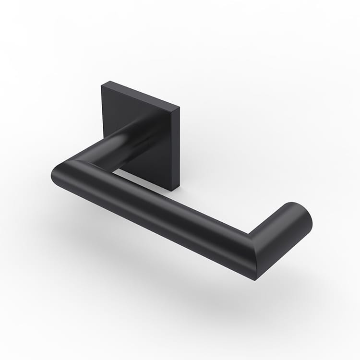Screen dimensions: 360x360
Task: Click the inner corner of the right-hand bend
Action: [249, 234]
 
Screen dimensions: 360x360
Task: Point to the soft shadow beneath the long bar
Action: [168, 269]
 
